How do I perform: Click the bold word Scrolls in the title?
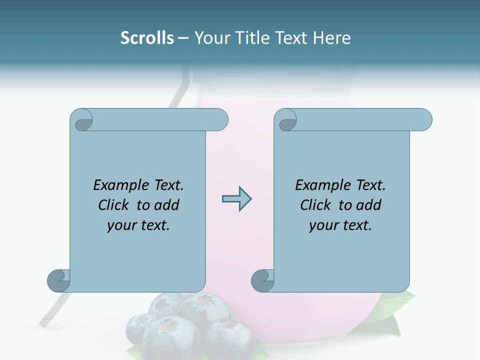coord(147,38)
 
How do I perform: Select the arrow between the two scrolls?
coord(236,199)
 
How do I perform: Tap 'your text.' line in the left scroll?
coord(138,225)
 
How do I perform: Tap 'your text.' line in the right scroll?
coord(340,225)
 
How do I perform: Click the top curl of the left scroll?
coord(81,120)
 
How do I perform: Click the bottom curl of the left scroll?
coord(58,280)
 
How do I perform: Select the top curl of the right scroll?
coord(285,120)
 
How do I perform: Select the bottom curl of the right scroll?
coord(262,280)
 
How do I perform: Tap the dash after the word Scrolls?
coord(183,38)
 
